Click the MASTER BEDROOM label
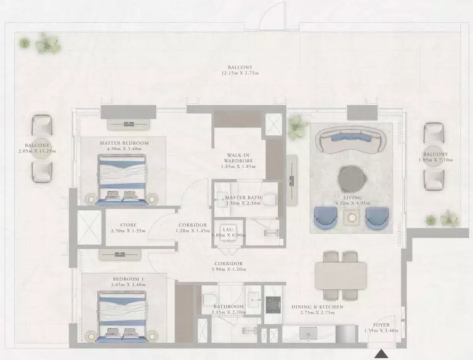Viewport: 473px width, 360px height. (x=124, y=143)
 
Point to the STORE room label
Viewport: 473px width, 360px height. (x=129, y=225)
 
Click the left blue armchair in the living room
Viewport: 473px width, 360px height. (x=326, y=217)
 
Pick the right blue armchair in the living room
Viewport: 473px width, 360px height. (x=376, y=217)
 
